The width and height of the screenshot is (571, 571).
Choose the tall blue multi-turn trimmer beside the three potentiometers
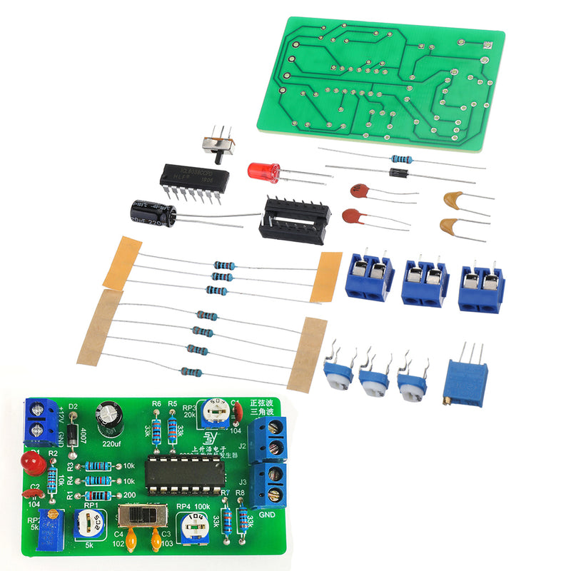pos(466,380)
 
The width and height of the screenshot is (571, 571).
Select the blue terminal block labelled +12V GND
pos(40,421)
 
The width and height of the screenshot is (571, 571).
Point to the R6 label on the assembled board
pos(156,404)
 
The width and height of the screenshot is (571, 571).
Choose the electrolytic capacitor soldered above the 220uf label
pos(111,418)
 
